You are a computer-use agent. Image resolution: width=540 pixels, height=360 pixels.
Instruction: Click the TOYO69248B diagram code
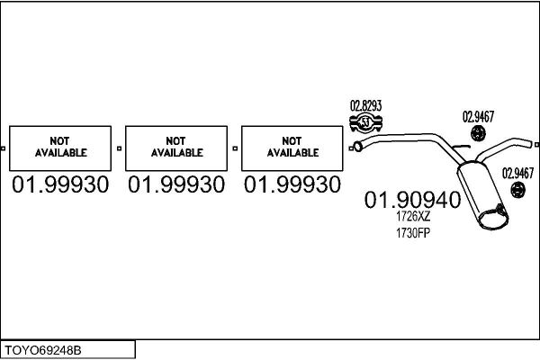click(x=42, y=350)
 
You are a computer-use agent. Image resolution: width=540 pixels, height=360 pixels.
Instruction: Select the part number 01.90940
click(x=412, y=200)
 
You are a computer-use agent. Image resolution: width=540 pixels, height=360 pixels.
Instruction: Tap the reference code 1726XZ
click(x=413, y=216)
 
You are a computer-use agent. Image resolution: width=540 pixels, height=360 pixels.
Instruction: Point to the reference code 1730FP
click(x=413, y=233)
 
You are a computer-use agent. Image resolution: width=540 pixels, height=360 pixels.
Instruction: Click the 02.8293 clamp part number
click(x=365, y=105)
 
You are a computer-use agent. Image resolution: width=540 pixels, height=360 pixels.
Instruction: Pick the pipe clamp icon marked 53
click(x=365, y=122)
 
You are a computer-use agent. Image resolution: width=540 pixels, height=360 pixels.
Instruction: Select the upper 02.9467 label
click(x=478, y=117)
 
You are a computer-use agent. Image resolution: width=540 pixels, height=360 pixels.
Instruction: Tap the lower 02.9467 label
click(x=517, y=173)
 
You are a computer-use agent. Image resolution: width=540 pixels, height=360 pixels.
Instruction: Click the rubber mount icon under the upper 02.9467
click(x=478, y=134)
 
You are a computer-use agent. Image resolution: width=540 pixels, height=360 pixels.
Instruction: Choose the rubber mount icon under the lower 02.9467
click(x=517, y=190)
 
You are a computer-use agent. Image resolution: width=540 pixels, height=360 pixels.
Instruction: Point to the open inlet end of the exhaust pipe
click(x=358, y=147)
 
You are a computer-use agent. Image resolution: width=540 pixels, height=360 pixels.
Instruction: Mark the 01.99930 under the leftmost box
click(x=60, y=184)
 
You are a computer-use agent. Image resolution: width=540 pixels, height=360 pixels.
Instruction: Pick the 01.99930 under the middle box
click(x=176, y=184)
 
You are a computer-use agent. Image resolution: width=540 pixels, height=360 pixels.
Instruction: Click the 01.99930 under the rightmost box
click(x=292, y=184)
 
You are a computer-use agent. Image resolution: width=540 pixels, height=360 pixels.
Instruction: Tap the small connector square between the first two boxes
click(x=119, y=148)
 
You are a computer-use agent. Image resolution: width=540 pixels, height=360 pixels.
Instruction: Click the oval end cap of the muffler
click(x=493, y=218)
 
